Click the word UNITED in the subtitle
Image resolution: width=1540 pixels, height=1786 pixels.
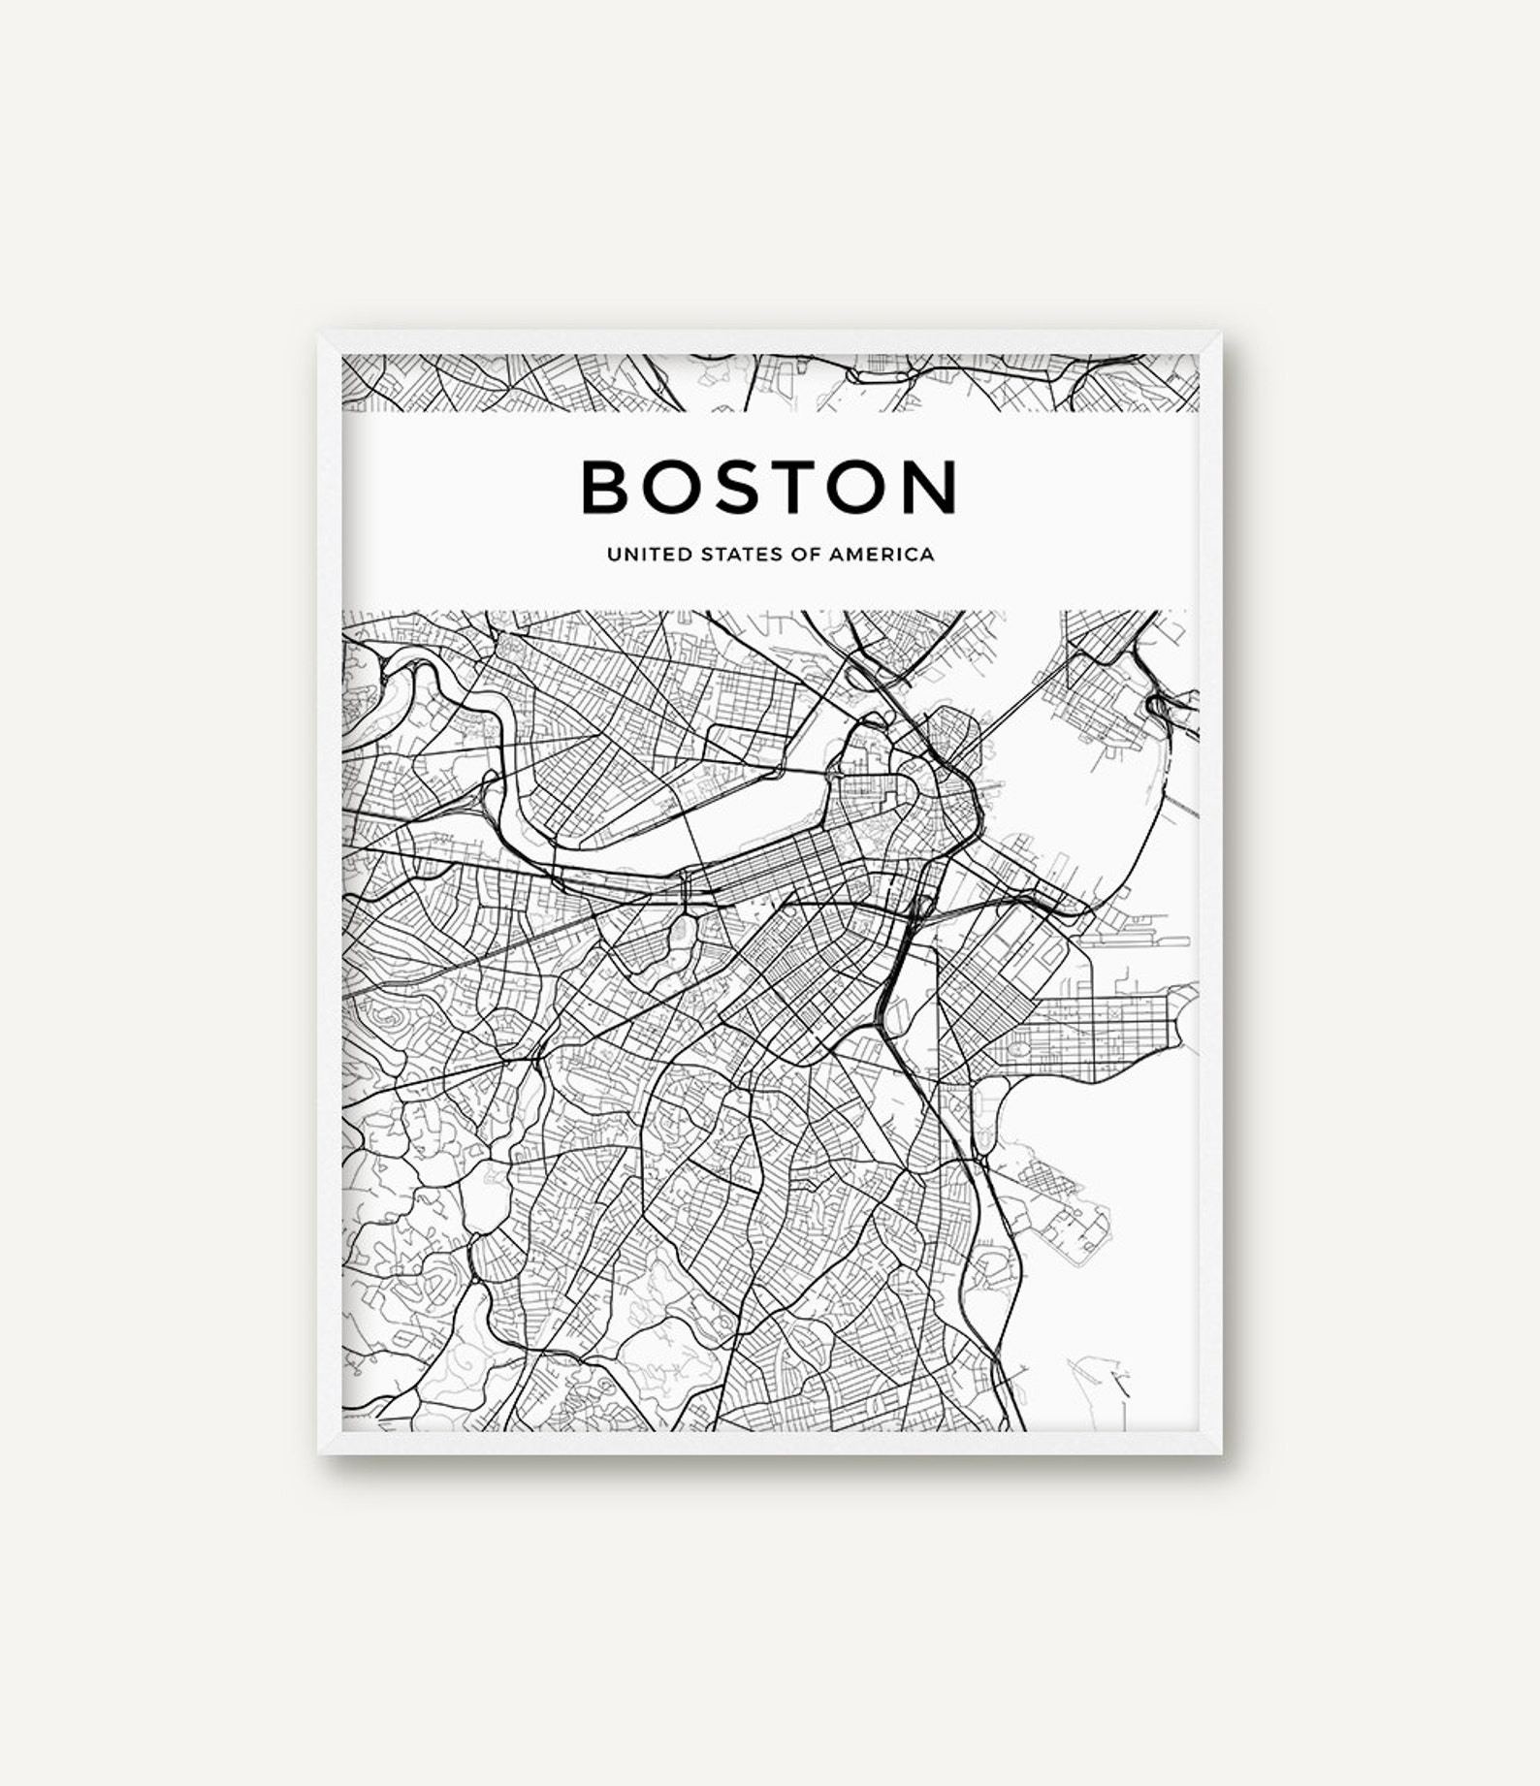coord(638,556)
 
